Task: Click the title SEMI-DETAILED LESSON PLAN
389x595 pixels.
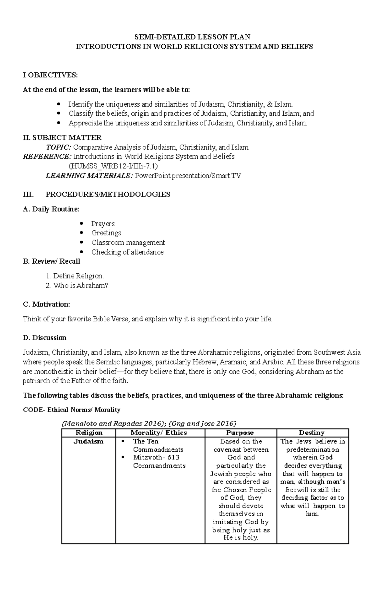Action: [194, 37]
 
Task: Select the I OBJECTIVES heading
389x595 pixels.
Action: [50, 75]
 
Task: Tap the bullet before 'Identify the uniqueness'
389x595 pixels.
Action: [58, 104]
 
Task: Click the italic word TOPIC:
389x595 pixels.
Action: [59, 147]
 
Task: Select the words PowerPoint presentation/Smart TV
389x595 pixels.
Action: [188, 176]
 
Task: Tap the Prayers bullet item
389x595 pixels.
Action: [103, 224]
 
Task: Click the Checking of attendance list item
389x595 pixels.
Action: [127, 252]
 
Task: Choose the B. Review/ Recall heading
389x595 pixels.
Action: [51, 261]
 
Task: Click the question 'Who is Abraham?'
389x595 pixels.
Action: [80, 286]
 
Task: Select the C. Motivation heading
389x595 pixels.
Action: [46, 304]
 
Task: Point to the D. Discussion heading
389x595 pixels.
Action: [44, 338]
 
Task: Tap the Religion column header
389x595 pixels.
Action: [88, 433]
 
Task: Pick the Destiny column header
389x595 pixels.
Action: [312, 433]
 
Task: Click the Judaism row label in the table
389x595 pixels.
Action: [88, 441]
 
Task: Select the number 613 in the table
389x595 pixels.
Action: [173, 457]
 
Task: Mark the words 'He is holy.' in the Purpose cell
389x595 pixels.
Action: [241, 537]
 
